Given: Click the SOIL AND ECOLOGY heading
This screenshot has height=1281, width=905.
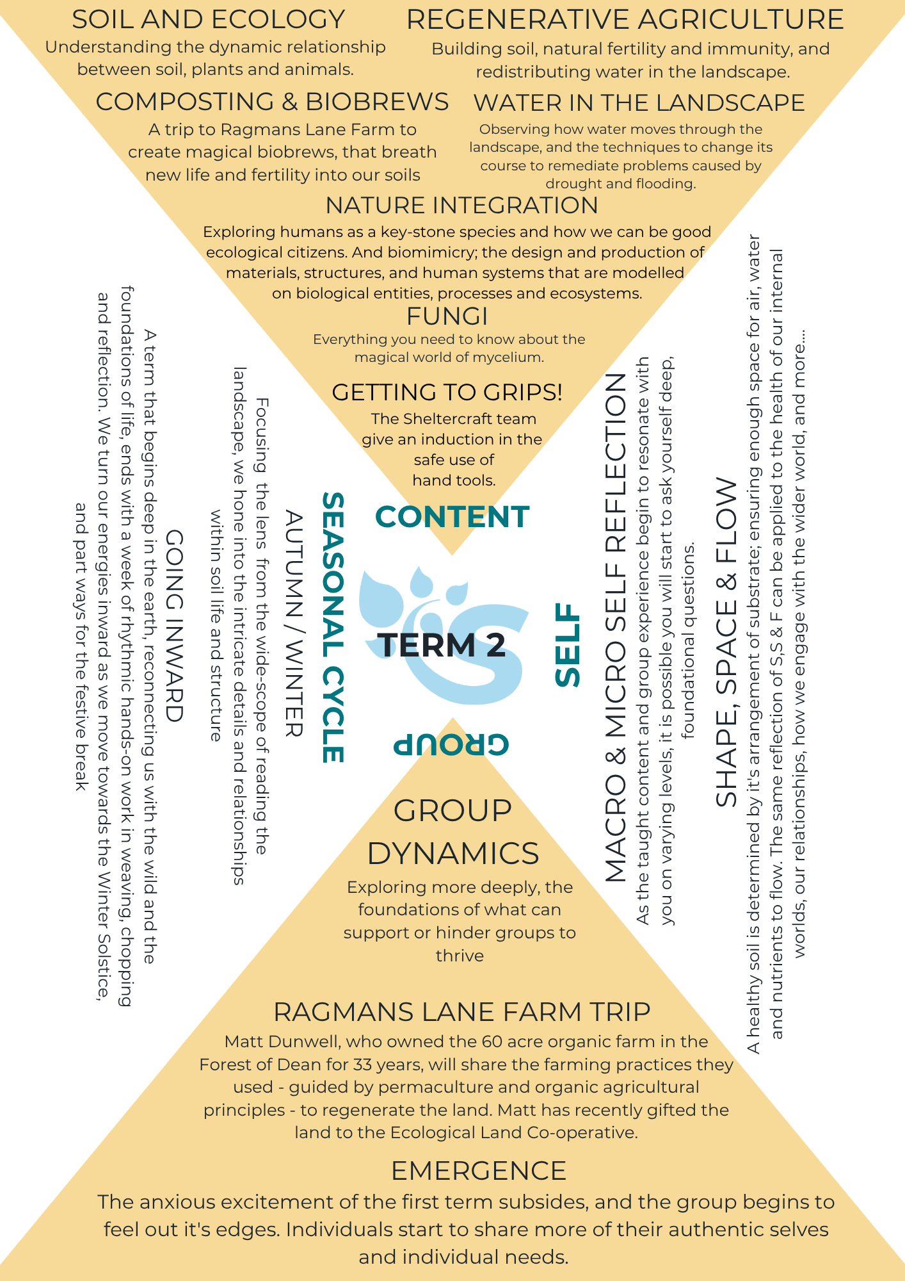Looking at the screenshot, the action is point(209,20).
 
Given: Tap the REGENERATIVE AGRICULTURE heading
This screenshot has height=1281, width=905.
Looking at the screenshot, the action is point(625,20).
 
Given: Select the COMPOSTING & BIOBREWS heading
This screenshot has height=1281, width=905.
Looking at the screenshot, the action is point(273,102).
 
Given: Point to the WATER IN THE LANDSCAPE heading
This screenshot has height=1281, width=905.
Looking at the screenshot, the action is point(639,103).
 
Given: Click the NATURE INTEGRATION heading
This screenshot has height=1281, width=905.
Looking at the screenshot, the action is point(462,206).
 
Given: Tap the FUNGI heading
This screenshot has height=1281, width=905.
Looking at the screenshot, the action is point(447,316).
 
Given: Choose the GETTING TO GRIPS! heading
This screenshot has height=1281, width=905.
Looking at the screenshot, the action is point(447,392).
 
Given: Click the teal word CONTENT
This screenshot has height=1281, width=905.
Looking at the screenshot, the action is point(452,517).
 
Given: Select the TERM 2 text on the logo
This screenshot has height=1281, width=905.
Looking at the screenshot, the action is point(442,644).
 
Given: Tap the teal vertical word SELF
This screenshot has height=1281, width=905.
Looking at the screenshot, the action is point(568,644).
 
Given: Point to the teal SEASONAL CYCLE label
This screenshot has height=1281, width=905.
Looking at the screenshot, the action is point(333,627).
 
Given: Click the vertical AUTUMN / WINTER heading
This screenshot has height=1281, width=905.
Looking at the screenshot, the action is point(293,623).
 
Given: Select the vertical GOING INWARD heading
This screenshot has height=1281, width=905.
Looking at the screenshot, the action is point(175,626).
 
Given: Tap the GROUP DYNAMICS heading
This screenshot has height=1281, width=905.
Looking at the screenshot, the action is point(453,832).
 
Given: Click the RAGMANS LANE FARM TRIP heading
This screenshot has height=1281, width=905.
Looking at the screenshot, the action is point(462,1012).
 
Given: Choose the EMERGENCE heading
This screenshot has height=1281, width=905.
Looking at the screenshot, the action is point(479,1171).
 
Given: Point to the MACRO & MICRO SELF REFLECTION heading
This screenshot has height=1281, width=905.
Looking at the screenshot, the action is point(616,628).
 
